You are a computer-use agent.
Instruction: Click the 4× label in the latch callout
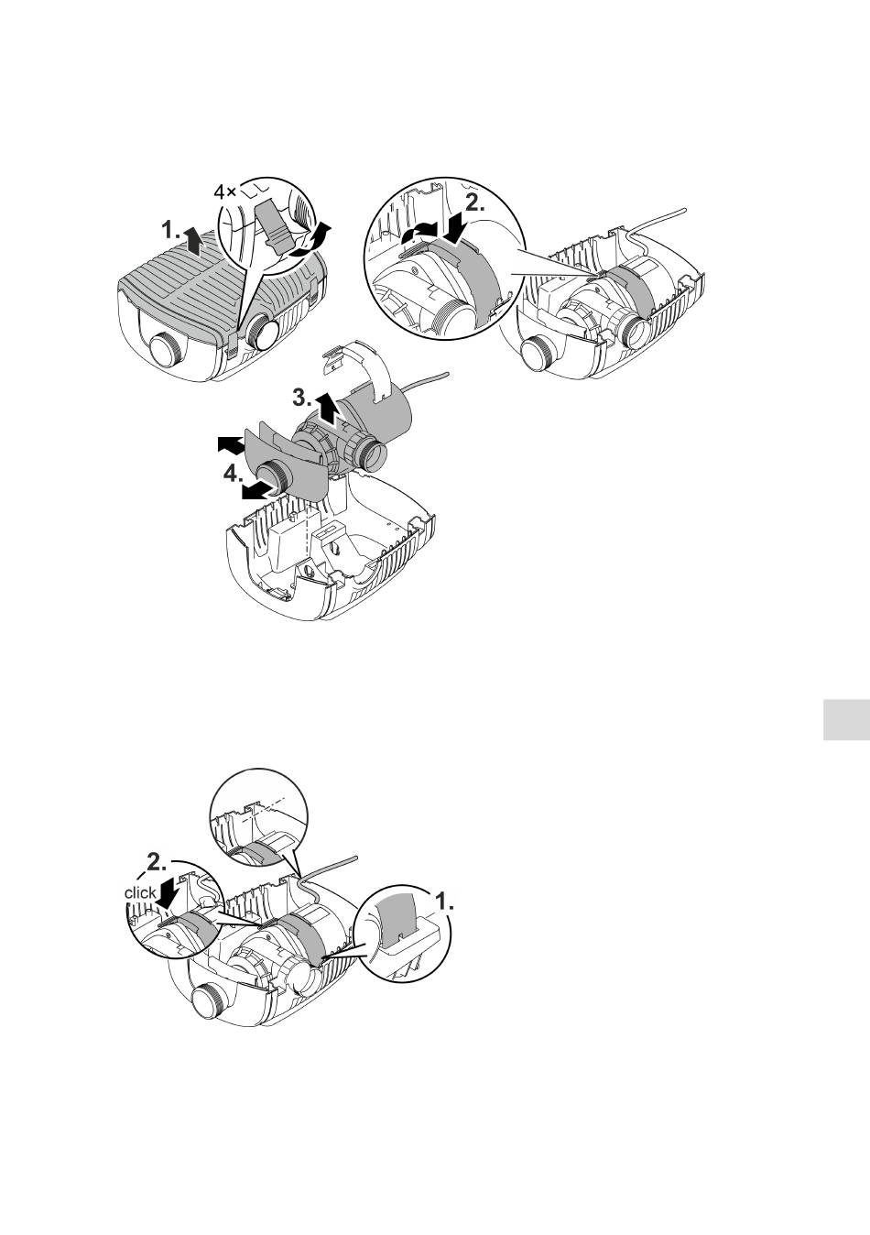coord(224,192)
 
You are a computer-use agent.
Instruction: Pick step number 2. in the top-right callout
coord(474,204)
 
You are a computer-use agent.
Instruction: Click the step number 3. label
coord(302,398)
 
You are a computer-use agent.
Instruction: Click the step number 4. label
coord(233,474)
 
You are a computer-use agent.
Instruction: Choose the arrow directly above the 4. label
coord(231,445)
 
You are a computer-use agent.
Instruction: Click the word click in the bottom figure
coord(140,892)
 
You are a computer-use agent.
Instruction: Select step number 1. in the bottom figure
coord(445,901)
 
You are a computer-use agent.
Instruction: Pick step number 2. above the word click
coord(157,863)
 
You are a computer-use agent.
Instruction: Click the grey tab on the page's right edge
coord(846,719)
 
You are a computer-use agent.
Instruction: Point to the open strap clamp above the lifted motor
coord(358,368)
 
